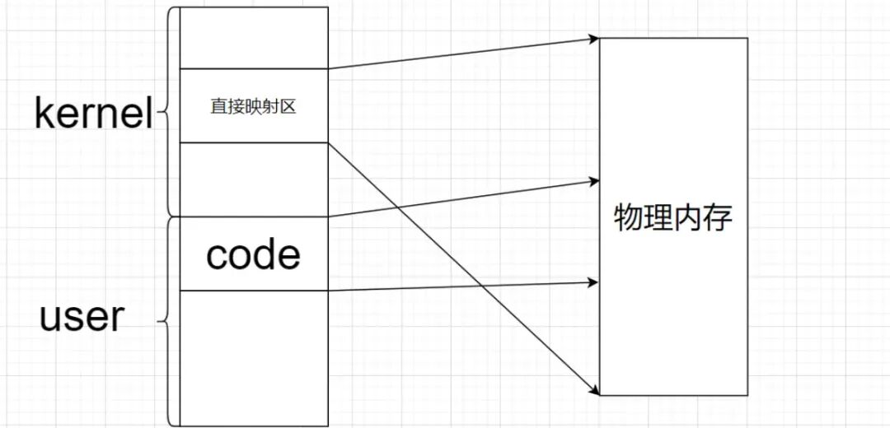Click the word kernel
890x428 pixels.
93,114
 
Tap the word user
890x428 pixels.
82,317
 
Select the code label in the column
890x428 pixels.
253,255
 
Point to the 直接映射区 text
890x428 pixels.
253,107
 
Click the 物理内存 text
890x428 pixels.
673,218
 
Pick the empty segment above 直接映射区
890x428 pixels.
253,39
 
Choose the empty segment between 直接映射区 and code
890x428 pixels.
253,179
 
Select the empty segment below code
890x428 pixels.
253,358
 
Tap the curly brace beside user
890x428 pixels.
167,321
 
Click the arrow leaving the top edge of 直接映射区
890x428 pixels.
461,53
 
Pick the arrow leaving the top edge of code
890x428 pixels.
461,198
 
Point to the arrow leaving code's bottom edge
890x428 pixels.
461,286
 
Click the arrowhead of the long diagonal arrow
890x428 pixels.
594,389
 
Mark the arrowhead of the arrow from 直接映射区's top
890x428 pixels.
593,38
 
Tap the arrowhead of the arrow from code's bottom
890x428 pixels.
593,282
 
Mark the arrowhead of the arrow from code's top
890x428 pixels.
593,179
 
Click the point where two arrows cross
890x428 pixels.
397,207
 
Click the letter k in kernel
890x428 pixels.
44,114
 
